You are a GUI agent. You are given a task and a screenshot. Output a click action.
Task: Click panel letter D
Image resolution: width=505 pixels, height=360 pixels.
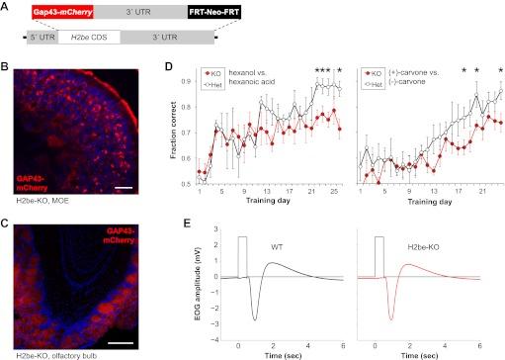pyautogui.click(x=168, y=68)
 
